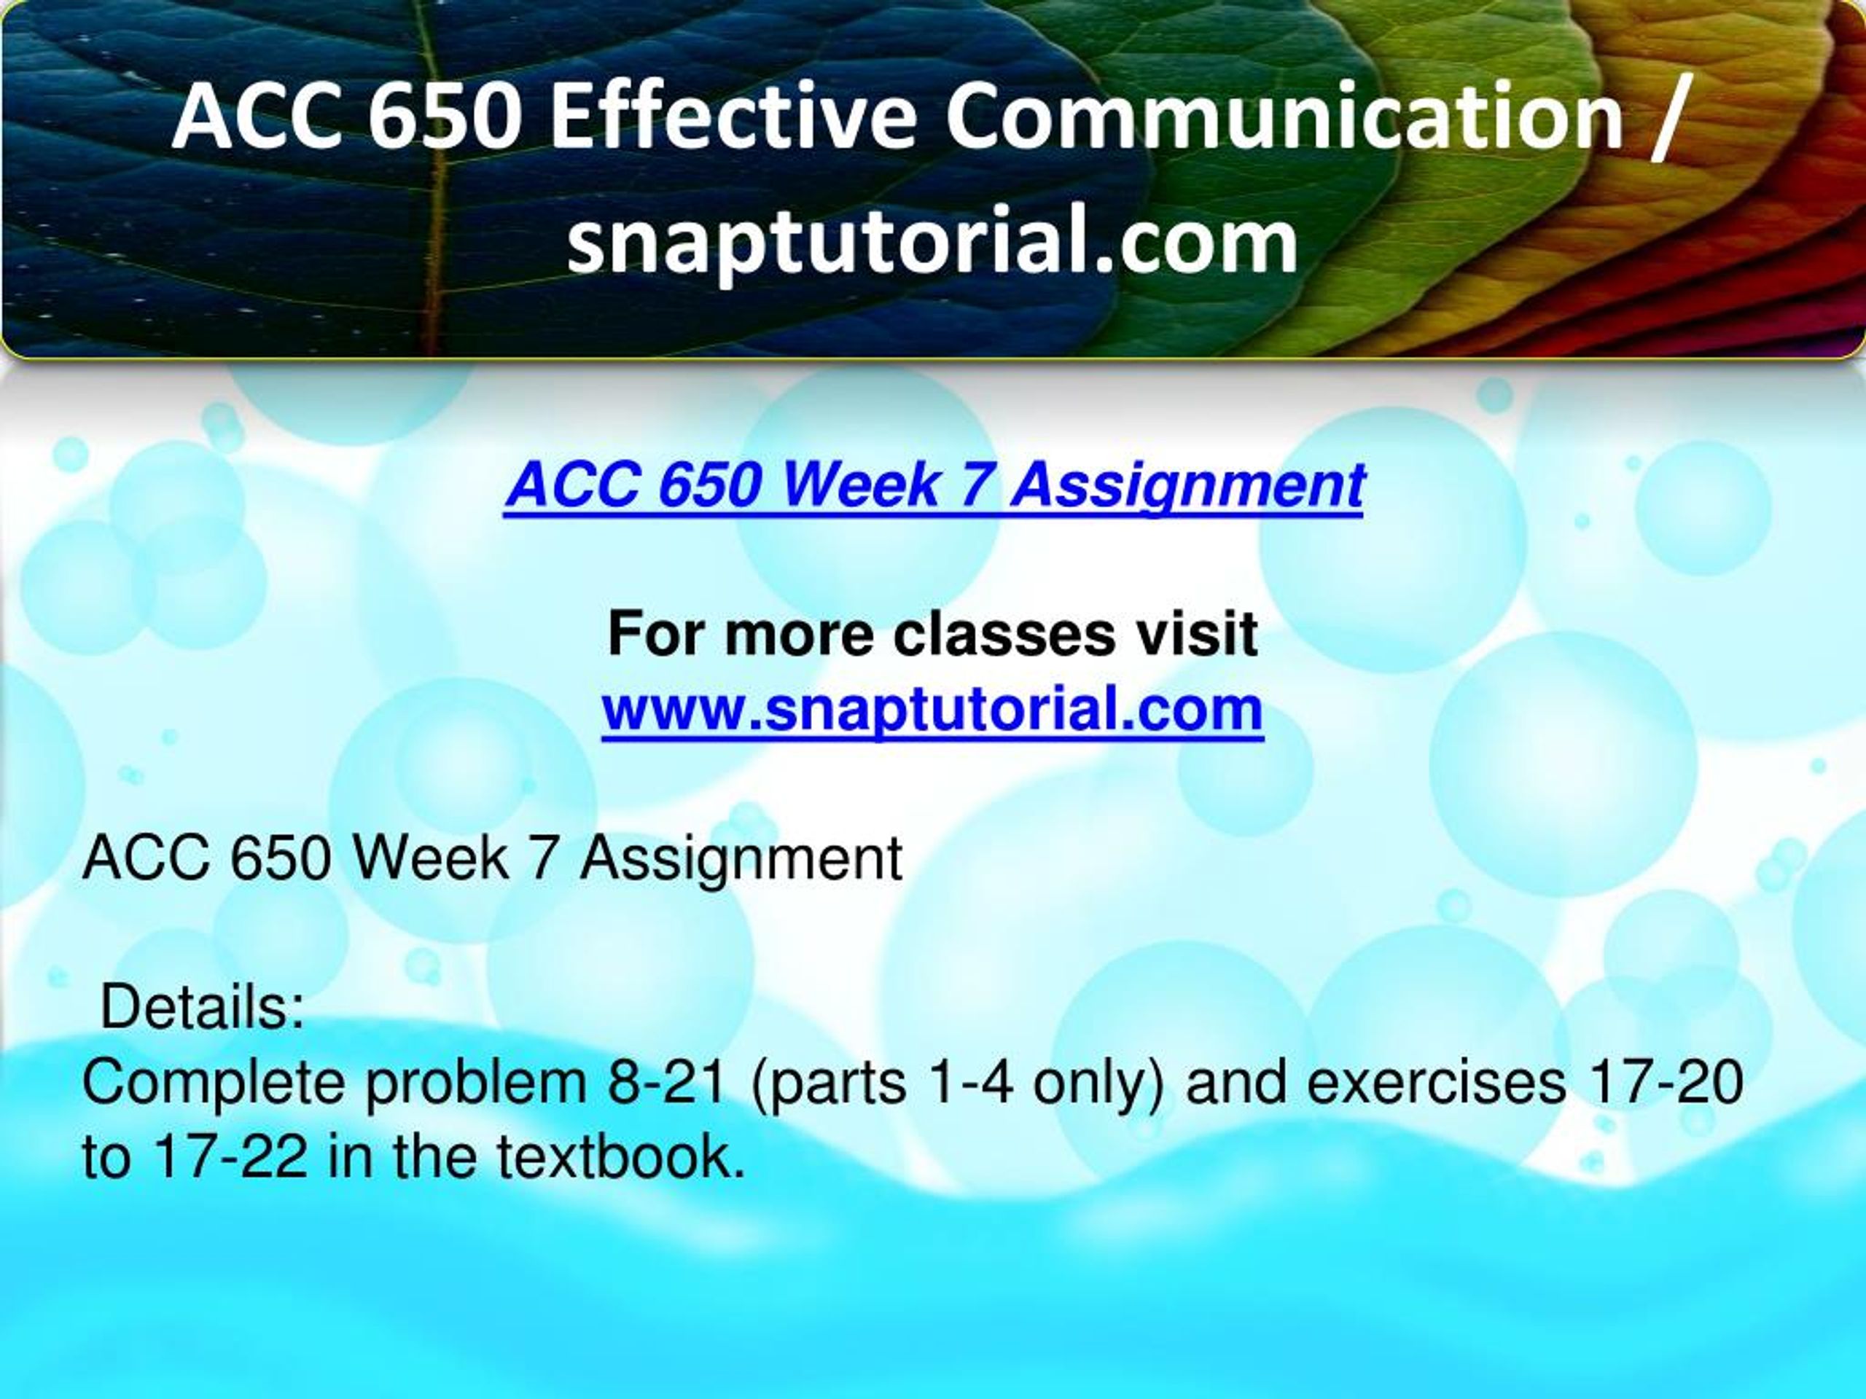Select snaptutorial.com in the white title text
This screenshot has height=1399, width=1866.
[932, 243]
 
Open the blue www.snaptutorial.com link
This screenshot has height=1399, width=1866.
[933, 710]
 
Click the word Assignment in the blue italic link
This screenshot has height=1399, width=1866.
[1187, 487]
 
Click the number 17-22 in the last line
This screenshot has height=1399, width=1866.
[230, 1156]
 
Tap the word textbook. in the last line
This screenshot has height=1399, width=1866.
[621, 1156]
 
